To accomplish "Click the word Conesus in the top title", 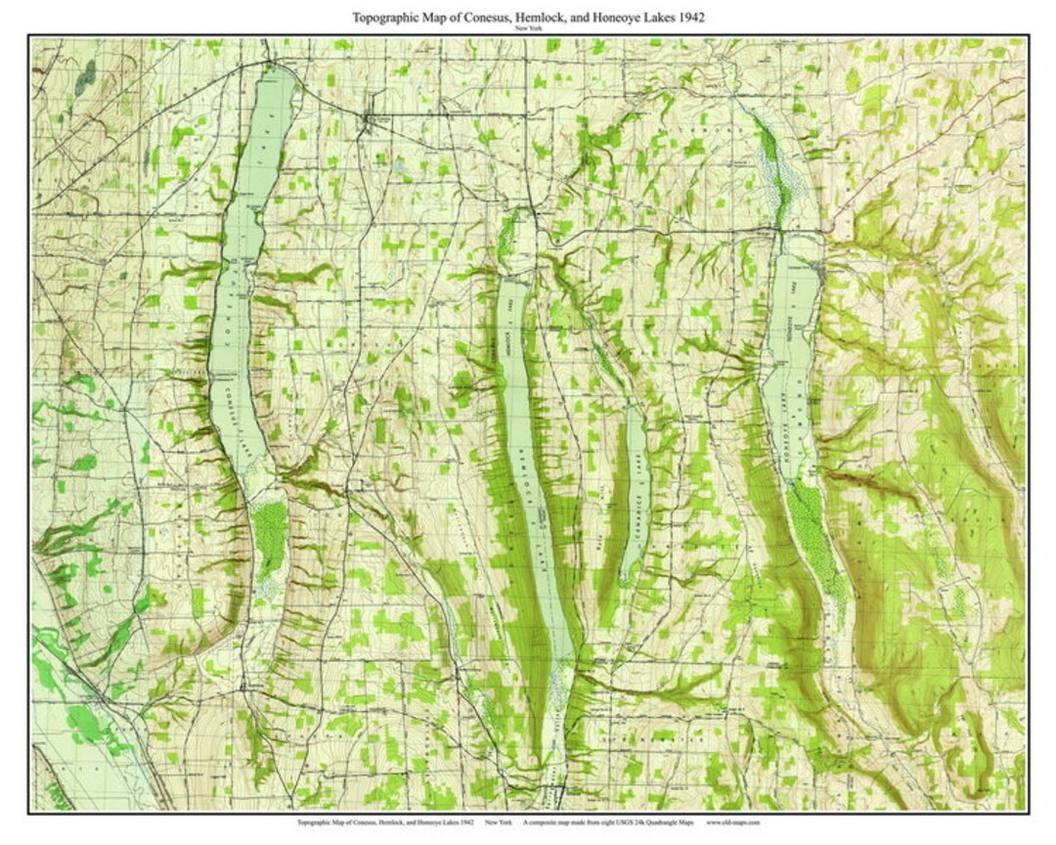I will coord(465,18).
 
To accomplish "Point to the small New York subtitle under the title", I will coord(528,29).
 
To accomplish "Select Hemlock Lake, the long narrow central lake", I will coord(528,460).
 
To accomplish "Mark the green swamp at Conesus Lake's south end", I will coord(269,538).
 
